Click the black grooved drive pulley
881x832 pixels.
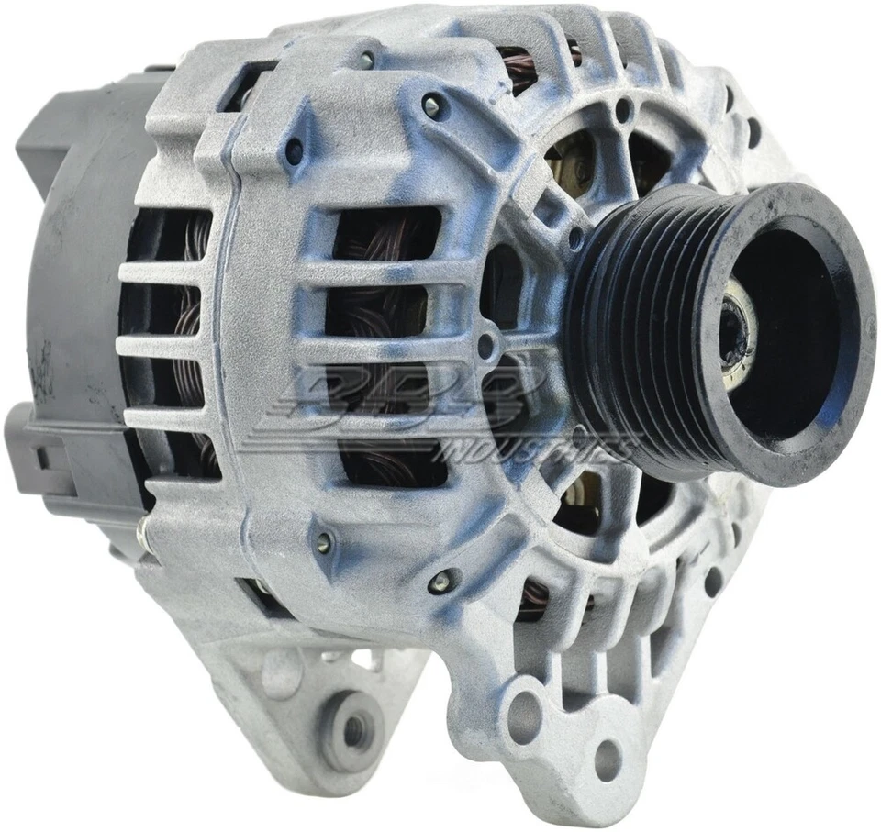pyautogui.click(x=642, y=330)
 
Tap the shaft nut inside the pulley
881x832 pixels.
pyautogui.click(x=734, y=330)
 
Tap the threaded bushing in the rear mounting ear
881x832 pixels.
pyautogui.click(x=352, y=729)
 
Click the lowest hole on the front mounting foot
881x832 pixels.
pyautogui.click(x=607, y=759)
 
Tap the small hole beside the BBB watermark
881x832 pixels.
pyautogui.click(x=486, y=346)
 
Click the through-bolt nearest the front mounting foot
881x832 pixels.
pyautogui.click(x=443, y=580)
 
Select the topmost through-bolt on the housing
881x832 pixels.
pyautogui.click(x=431, y=105)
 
